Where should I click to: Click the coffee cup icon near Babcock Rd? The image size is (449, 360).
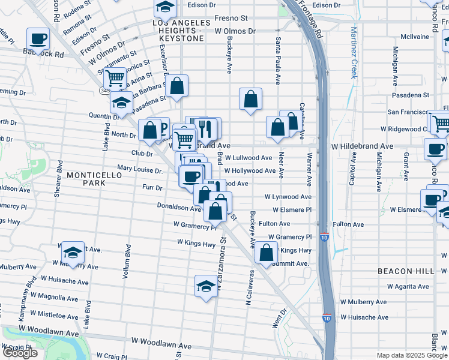[x=38, y=40]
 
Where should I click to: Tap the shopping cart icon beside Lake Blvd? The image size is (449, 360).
[x=114, y=77]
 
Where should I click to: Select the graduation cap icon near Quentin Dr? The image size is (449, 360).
[x=122, y=103]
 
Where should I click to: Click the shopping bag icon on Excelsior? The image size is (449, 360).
[x=177, y=86]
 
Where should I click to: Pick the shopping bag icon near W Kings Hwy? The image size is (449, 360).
[x=266, y=252]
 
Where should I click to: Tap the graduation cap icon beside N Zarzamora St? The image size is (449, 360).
[x=206, y=286]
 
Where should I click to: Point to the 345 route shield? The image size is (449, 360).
[x=104, y=89]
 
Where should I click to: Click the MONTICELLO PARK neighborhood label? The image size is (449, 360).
[x=94, y=178]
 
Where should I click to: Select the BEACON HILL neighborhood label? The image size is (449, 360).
[x=405, y=271]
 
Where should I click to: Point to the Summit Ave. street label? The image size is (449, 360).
[x=290, y=263]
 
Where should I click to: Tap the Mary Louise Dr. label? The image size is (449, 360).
[x=140, y=170]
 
